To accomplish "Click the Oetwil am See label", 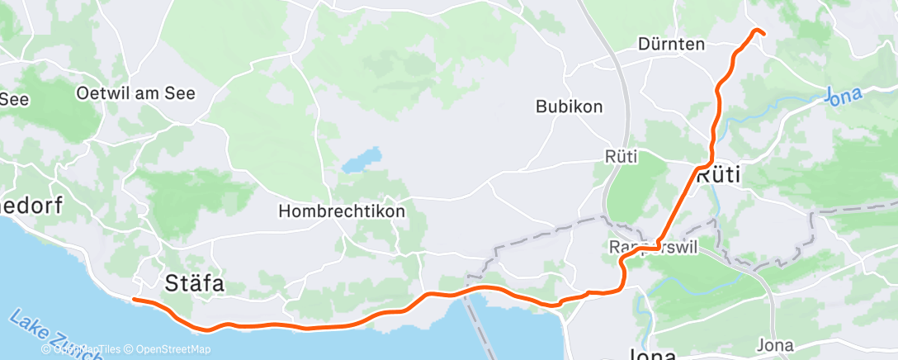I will pos(135,93).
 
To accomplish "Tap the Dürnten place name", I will pos(671,45).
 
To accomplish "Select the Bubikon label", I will pos(569,107).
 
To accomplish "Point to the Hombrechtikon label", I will pos(342,211).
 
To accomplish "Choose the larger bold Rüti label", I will pos(718,176).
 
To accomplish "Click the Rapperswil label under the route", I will pos(652,248).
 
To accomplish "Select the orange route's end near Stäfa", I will pos(134,300).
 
